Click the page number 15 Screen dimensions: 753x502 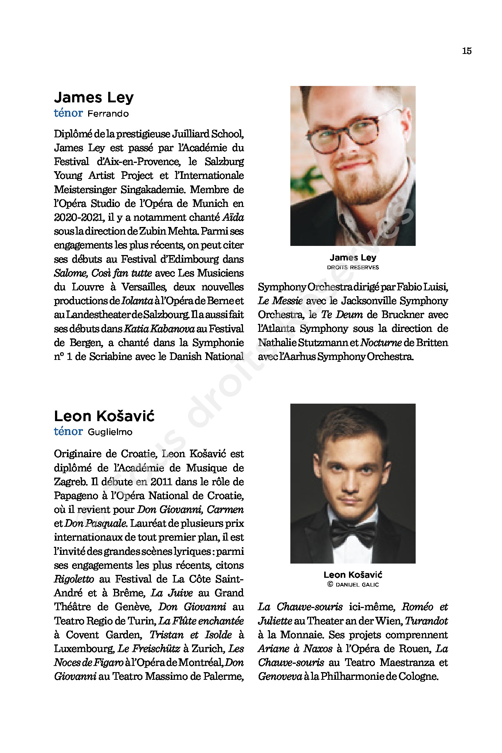pos(467,51)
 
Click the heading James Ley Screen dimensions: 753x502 pos(94,97)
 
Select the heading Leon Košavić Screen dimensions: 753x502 pos(104,416)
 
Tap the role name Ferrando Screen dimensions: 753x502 pos(108,114)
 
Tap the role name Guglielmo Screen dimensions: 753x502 pos(110,432)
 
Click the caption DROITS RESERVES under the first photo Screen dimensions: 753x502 pos(353,267)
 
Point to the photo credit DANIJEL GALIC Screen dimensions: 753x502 pos(357,585)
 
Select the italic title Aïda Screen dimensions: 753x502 pos(233,217)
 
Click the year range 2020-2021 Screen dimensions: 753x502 pos(79,217)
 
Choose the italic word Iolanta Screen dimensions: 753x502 pos(137,301)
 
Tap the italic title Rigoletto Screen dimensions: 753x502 pos(74,579)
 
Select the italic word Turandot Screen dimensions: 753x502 pos(426,621)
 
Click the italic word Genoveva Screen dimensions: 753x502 pos(280,676)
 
